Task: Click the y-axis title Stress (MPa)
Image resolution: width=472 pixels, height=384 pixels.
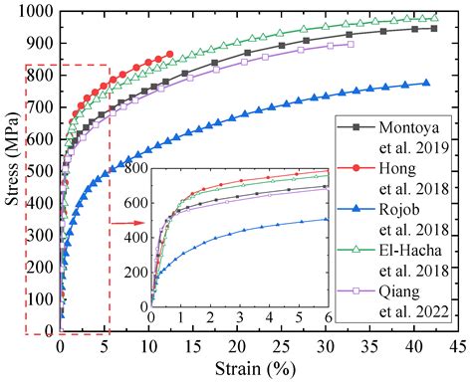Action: click(12, 170)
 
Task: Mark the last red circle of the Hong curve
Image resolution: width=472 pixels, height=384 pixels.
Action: click(168, 55)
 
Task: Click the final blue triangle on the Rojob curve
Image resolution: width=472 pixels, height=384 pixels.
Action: click(426, 84)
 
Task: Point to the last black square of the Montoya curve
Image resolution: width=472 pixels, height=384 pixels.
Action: click(433, 29)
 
